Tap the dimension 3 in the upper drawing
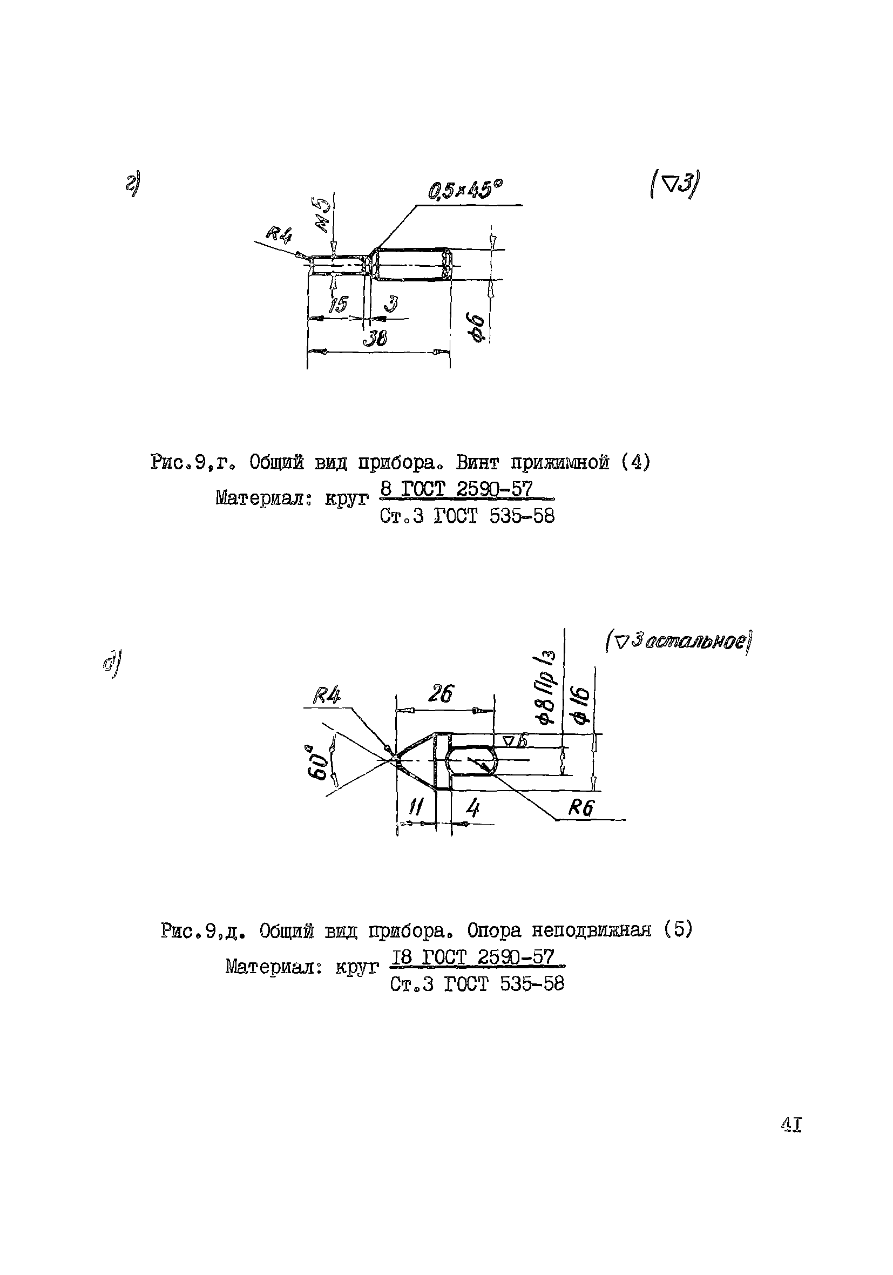[390, 303]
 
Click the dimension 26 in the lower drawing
[441, 693]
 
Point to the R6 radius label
[581, 808]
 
